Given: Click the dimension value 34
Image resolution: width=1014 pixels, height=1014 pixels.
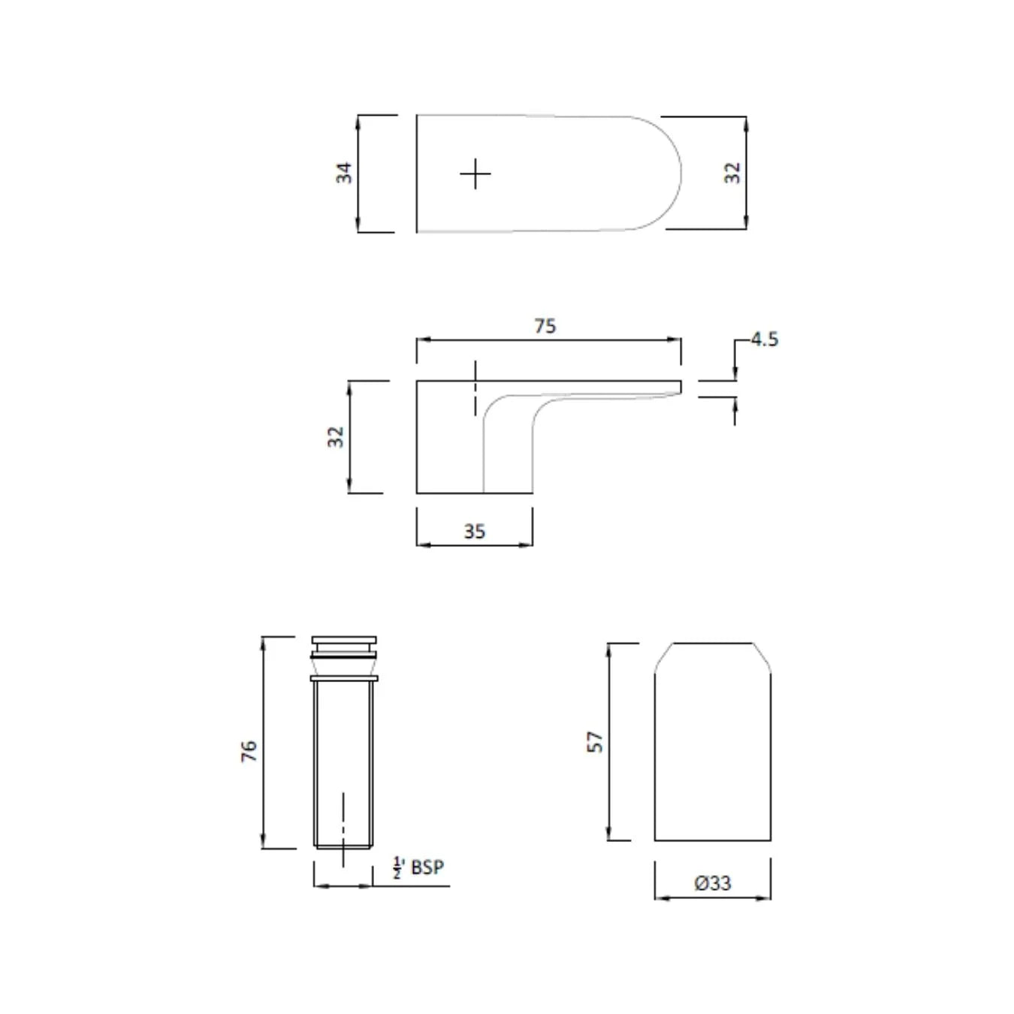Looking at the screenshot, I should pyautogui.click(x=344, y=173).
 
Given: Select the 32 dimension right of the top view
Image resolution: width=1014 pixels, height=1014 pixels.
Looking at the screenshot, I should pyautogui.click(x=732, y=173).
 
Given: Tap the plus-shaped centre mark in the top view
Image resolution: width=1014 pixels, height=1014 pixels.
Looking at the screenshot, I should pyautogui.click(x=475, y=174).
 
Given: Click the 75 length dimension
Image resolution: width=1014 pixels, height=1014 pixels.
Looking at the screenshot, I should pyautogui.click(x=545, y=326).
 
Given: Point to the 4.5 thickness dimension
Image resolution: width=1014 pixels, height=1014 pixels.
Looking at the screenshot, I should pyautogui.click(x=764, y=340).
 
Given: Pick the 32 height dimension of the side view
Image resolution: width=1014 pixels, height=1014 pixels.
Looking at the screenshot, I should pyautogui.click(x=335, y=436).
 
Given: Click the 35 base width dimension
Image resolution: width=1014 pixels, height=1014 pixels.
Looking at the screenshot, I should pyautogui.click(x=474, y=532).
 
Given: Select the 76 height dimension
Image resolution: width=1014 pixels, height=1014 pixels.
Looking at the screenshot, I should pyautogui.click(x=249, y=750).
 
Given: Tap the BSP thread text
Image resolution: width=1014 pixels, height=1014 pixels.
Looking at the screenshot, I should pyautogui.click(x=427, y=868).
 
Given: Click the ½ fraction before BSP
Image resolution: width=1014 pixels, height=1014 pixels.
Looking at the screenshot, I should pyautogui.click(x=398, y=868).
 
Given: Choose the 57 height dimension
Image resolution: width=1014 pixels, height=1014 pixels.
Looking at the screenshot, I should pyautogui.click(x=595, y=742).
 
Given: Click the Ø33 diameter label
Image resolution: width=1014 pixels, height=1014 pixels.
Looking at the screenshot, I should pyautogui.click(x=712, y=883).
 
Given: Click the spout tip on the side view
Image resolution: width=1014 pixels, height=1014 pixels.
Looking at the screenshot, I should pyautogui.click(x=678, y=387).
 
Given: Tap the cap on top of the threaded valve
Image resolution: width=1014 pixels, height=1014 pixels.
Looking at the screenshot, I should pyautogui.click(x=344, y=644).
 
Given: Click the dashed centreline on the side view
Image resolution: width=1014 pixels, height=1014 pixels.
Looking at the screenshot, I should pyautogui.click(x=475, y=388).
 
